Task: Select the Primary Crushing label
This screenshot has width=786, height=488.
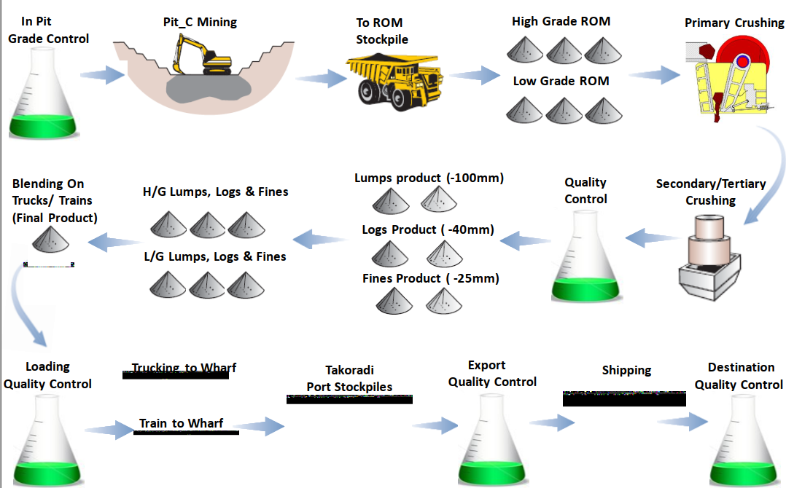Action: pyautogui.click(x=734, y=23)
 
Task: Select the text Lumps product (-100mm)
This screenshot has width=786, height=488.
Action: pyautogui.click(x=429, y=178)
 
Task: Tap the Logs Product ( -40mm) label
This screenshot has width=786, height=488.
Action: pyautogui.click(x=428, y=230)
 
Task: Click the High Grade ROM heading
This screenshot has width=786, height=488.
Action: pyautogui.click(x=561, y=22)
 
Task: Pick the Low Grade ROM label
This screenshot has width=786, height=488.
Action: pyautogui.click(x=561, y=81)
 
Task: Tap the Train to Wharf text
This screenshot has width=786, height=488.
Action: pyautogui.click(x=181, y=424)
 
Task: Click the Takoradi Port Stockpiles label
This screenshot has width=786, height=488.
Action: pyautogui.click(x=349, y=379)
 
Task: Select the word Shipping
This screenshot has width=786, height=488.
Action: pyautogui.click(x=626, y=371)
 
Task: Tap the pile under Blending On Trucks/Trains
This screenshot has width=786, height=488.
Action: pyautogui.click(x=53, y=241)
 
